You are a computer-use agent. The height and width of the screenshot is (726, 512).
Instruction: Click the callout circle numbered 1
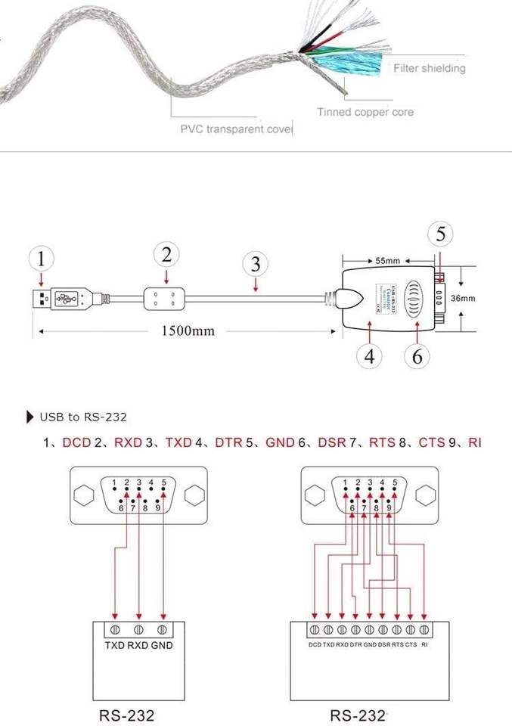(x=42, y=259)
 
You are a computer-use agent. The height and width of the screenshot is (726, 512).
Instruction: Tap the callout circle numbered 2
(x=166, y=254)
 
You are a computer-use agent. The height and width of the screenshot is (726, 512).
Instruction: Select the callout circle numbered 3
(x=256, y=264)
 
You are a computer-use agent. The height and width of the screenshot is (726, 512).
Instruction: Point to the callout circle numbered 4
(x=370, y=356)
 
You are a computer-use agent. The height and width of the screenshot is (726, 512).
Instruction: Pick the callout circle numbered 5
(x=441, y=234)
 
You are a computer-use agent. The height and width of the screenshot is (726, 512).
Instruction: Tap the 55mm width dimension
(x=387, y=261)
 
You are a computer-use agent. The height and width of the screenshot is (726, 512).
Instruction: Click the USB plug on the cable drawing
(x=64, y=298)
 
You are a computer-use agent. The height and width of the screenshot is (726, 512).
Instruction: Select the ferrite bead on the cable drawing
(x=163, y=298)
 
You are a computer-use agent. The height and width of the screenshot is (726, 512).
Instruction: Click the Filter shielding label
(x=430, y=69)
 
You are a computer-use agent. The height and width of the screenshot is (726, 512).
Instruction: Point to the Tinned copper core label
(x=365, y=113)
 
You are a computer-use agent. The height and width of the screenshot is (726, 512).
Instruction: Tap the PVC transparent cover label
(x=236, y=129)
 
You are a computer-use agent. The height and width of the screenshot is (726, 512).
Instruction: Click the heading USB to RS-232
(x=83, y=417)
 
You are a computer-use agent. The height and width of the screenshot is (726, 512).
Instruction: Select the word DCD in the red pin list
(x=76, y=442)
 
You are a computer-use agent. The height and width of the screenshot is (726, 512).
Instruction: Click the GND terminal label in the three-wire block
(x=161, y=645)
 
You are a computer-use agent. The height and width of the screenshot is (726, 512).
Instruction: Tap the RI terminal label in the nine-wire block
(x=424, y=645)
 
